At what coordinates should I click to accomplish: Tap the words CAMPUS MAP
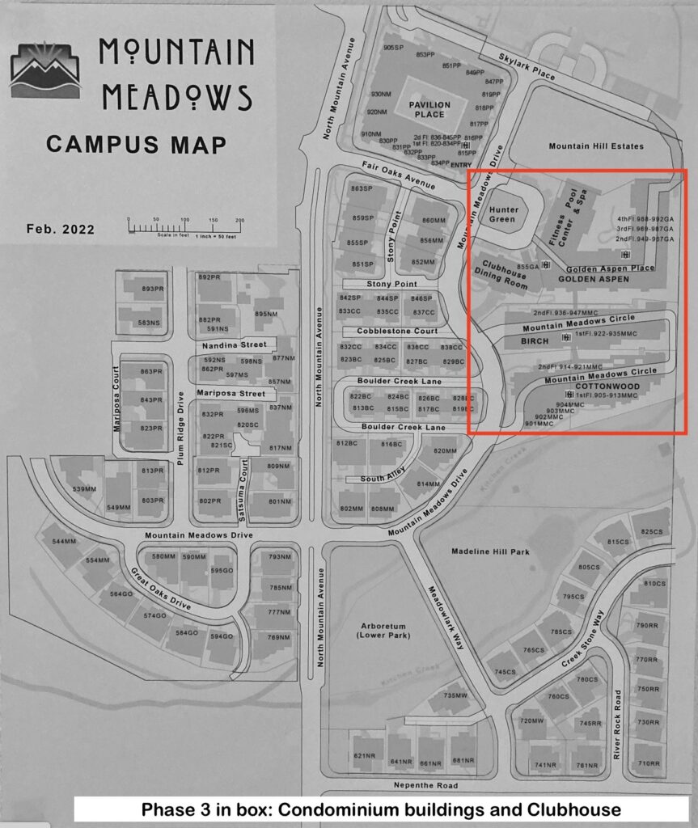tap(136, 145)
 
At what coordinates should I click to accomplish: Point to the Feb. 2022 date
tap(60, 230)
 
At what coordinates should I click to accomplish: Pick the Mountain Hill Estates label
tap(596, 146)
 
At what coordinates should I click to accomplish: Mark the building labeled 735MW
tap(455, 696)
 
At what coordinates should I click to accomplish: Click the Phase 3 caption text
tap(381, 809)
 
